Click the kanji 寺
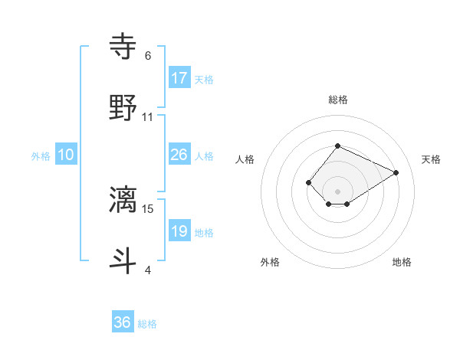(x=123, y=45)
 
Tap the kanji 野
(x=123, y=107)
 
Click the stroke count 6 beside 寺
(x=147, y=56)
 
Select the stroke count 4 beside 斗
(x=147, y=270)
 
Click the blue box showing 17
(x=179, y=77)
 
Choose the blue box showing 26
(x=179, y=155)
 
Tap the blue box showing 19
(x=179, y=231)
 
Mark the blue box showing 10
(x=66, y=155)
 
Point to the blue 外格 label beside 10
(x=41, y=156)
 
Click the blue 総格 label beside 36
(x=147, y=324)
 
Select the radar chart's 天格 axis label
(x=431, y=159)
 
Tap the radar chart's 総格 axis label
(x=337, y=100)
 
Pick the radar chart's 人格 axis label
(x=245, y=159)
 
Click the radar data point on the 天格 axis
(x=396, y=172)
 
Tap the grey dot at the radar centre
(x=337, y=191)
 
